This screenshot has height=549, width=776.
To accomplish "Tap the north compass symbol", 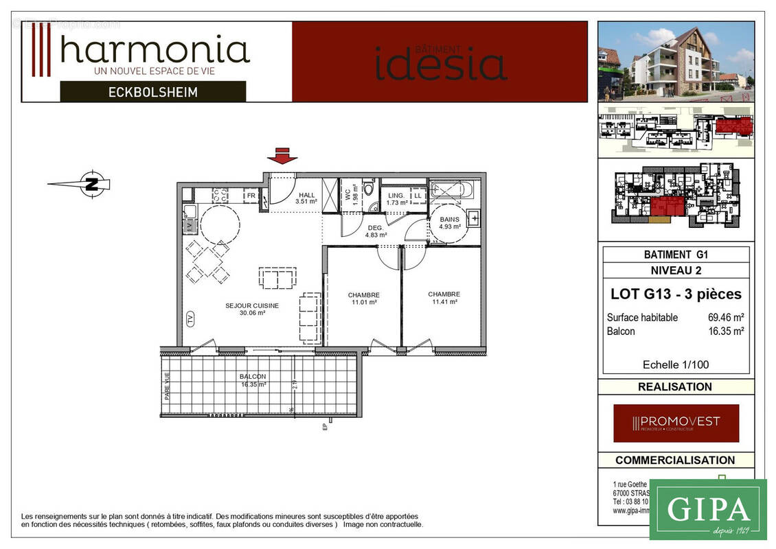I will tap(91, 183).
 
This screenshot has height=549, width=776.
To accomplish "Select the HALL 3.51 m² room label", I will tap(306, 198).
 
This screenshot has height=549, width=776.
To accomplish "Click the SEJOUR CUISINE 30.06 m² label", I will tap(252, 309).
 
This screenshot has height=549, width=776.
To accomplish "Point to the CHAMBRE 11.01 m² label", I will tap(363, 299).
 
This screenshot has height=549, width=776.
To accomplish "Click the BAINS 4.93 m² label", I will tap(450, 222).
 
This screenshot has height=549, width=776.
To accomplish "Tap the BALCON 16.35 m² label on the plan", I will tap(253, 380).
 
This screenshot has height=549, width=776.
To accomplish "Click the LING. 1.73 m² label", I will tap(397, 199).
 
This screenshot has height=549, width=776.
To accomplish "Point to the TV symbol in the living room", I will tap(190, 318).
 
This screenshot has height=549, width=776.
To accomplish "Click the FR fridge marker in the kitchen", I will tap(251, 196).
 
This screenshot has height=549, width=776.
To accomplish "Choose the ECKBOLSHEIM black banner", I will tap(152, 91).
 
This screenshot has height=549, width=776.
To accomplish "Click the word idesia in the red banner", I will tap(441, 64).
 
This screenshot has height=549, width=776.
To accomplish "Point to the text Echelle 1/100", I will tap(675, 364).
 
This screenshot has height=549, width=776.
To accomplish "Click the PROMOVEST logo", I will tap(676, 423).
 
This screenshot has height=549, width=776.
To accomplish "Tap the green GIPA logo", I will tap(707, 509).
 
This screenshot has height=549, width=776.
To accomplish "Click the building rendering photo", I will tap(676, 61).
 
